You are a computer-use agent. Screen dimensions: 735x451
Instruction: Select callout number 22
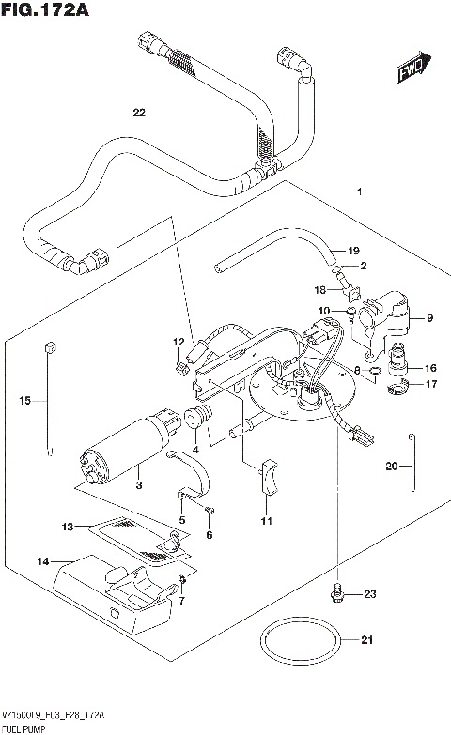click(x=139, y=114)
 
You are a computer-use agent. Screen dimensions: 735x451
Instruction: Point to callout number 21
click(x=367, y=641)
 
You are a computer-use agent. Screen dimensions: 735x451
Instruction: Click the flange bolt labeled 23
click(x=335, y=593)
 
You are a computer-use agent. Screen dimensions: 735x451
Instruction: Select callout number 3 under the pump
click(x=138, y=485)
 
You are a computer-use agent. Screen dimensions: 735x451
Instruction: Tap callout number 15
click(x=26, y=401)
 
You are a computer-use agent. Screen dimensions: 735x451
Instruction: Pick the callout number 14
click(x=42, y=561)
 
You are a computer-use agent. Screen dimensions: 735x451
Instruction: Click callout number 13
click(x=68, y=527)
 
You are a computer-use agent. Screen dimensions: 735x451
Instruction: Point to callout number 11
click(x=266, y=520)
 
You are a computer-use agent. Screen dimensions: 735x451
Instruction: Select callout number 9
click(x=428, y=318)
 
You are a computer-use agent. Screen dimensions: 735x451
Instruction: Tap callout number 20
click(x=392, y=466)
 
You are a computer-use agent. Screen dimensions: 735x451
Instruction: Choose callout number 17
click(x=431, y=384)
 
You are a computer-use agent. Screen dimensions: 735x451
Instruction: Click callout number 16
click(x=431, y=368)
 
